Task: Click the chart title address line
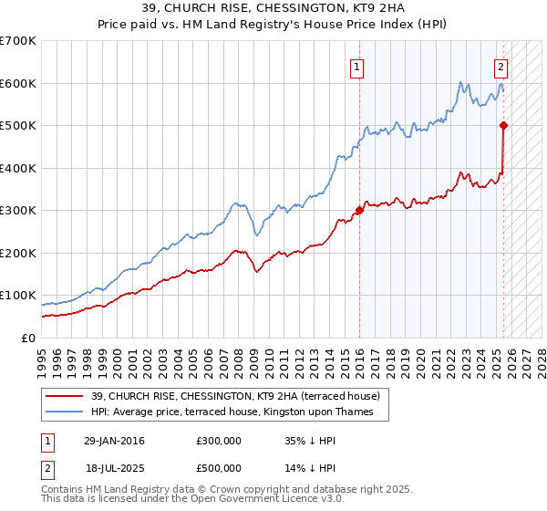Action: tap(273, 8)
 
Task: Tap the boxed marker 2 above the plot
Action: tap(501, 66)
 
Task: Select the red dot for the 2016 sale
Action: tap(359, 210)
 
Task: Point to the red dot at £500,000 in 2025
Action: tap(504, 125)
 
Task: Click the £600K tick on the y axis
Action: tap(18, 83)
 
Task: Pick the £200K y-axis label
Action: tap(18, 253)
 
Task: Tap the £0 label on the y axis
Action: tap(28, 338)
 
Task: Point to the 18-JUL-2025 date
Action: tap(112, 467)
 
